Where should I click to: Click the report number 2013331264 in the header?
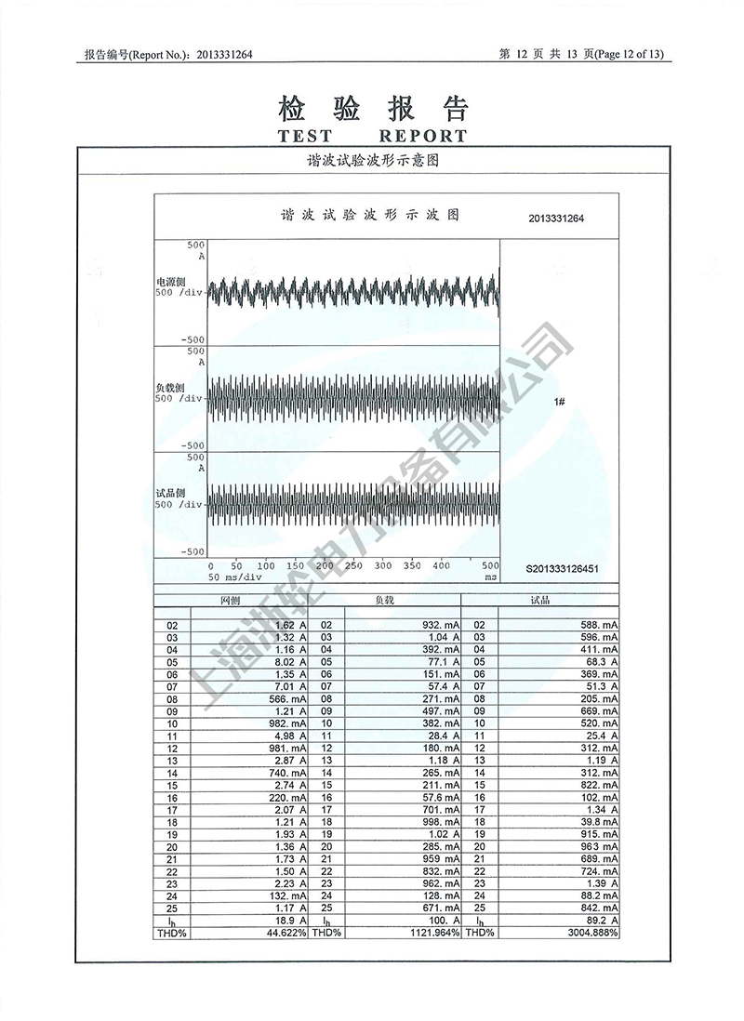click(x=224, y=55)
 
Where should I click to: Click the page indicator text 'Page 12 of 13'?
click(x=630, y=55)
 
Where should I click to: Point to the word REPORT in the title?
click(x=423, y=136)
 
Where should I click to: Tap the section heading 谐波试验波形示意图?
click(x=372, y=160)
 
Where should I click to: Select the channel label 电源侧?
click(x=171, y=280)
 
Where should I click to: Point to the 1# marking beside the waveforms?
click(x=560, y=402)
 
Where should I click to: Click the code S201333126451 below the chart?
click(x=562, y=568)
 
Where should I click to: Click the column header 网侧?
click(x=231, y=601)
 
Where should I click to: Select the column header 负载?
click(x=384, y=601)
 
